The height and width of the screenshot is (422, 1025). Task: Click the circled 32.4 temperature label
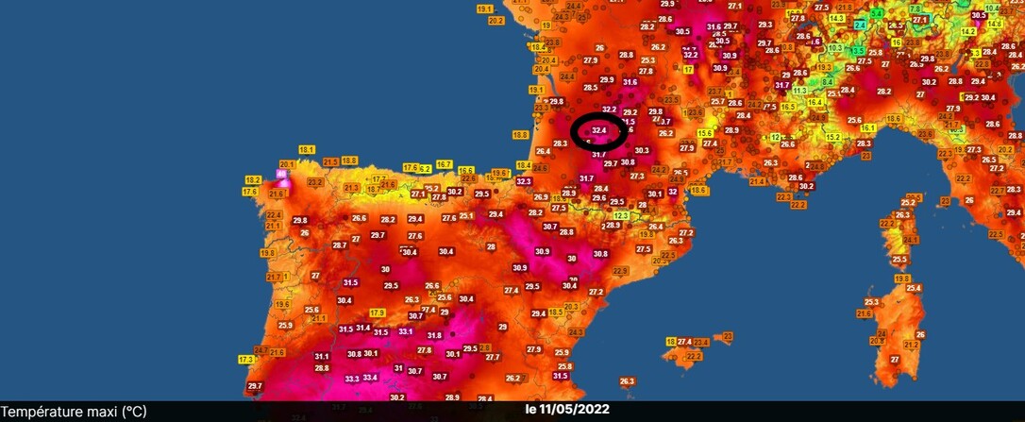pyautogui.click(x=599, y=129)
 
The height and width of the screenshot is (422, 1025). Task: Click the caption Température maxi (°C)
pyautogui.click(x=74, y=411)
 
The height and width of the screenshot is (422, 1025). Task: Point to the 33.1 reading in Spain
pyautogui.click(x=406, y=331)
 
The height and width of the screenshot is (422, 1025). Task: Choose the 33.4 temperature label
pyautogui.click(x=370, y=378)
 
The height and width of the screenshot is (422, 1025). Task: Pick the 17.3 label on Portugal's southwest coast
pyautogui.click(x=246, y=360)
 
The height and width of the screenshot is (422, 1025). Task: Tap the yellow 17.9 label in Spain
pyautogui.click(x=378, y=312)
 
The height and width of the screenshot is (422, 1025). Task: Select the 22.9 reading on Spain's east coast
pyautogui.click(x=620, y=271)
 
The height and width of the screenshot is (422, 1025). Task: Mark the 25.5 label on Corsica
pyautogui.click(x=899, y=260)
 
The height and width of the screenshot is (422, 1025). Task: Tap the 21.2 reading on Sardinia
pyautogui.click(x=911, y=346)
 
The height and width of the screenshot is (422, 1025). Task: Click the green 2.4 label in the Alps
pyautogui.click(x=876, y=13)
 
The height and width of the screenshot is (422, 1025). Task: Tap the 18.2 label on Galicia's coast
pyautogui.click(x=252, y=179)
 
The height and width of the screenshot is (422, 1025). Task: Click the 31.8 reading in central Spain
pyautogui.click(x=434, y=335)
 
